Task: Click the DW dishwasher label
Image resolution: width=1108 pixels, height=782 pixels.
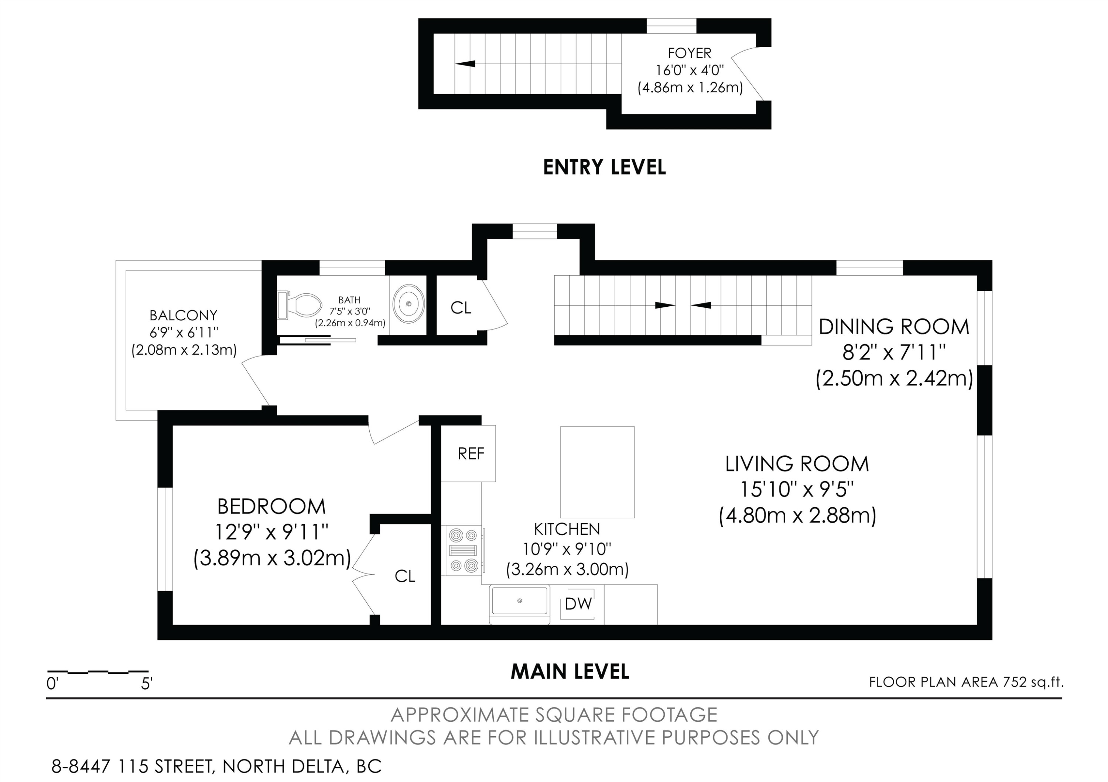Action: pyautogui.click(x=578, y=604)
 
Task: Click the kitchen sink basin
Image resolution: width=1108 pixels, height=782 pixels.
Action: pyautogui.click(x=519, y=601)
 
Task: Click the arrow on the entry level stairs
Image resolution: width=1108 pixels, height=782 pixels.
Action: pyautogui.click(x=465, y=63)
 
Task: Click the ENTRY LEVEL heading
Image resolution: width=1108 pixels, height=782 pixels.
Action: pyautogui.click(x=604, y=167)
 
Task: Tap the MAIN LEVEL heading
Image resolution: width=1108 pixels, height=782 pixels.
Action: pyautogui.click(x=570, y=672)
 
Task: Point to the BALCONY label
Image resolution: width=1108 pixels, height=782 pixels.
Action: pyautogui.click(x=184, y=315)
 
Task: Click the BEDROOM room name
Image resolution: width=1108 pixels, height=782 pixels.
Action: pyautogui.click(x=272, y=506)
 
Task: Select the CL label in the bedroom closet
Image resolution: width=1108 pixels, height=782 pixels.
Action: pyautogui.click(x=405, y=576)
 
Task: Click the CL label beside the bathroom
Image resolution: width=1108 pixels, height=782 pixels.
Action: pyautogui.click(x=461, y=307)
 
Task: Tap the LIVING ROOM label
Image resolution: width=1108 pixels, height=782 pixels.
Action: pyautogui.click(x=797, y=464)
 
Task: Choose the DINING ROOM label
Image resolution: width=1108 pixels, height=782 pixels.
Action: pyautogui.click(x=894, y=327)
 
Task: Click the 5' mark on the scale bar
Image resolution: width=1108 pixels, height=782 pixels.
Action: pyautogui.click(x=147, y=683)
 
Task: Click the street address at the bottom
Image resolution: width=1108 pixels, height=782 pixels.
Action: pyautogui.click(x=217, y=766)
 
